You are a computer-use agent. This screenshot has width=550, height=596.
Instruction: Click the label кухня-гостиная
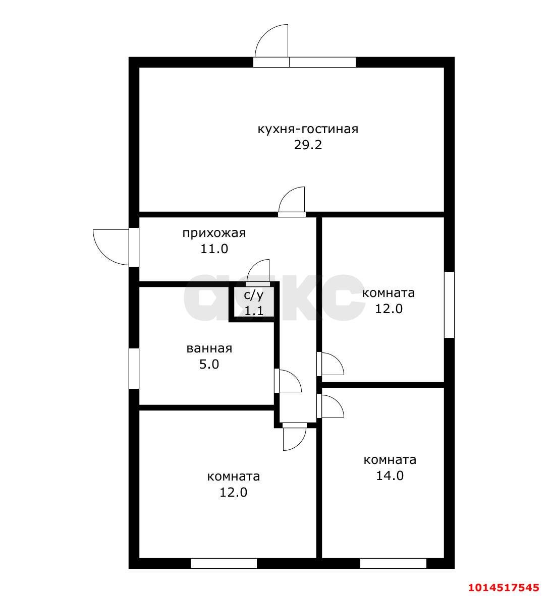point(308,129)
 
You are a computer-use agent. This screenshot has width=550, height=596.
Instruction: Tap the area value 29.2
point(308,145)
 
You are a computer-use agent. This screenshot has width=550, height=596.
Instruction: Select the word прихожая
point(214,232)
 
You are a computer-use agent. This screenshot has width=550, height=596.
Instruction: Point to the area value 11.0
point(214,249)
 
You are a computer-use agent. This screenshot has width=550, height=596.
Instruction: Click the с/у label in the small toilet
point(253,295)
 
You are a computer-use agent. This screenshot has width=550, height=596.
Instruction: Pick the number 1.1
point(254,311)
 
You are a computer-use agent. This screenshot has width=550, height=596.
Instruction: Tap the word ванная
point(209,348)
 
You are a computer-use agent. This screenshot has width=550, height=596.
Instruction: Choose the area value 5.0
point(209,364)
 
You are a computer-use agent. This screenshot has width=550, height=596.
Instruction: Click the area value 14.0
point(390,475)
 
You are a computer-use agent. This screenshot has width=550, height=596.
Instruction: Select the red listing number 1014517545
point(504,587)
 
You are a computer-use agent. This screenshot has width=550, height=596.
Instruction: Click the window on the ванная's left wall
point(134,368)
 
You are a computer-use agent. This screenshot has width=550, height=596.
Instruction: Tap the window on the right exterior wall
point(449,305)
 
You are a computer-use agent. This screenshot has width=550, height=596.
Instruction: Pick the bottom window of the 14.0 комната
point(393,563)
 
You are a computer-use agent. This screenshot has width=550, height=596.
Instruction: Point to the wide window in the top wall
point(322,63)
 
